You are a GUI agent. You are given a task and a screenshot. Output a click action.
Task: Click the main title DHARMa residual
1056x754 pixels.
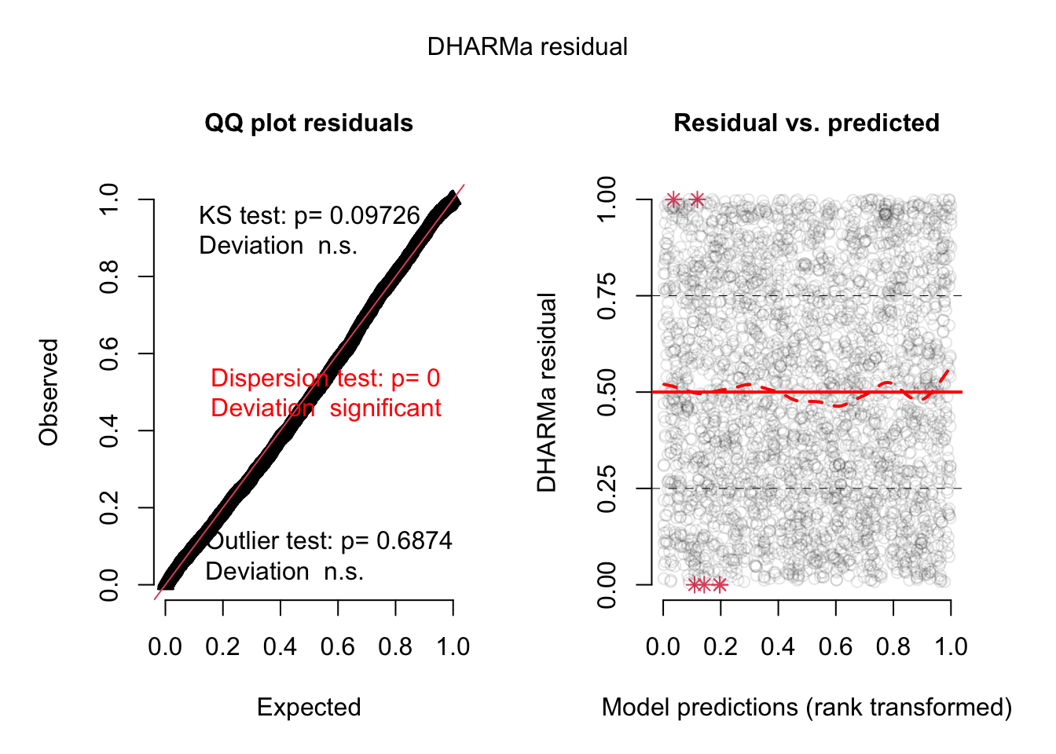(x=527, y=47)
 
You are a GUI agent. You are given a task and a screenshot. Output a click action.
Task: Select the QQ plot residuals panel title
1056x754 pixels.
(x=309, y=123)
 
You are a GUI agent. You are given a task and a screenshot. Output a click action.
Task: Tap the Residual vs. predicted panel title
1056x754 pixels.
(x=806, y=123)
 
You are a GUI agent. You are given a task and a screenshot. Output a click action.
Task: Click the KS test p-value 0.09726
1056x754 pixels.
(x=375, y=216)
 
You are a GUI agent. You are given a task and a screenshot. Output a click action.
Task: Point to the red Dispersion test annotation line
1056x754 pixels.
(x=325, y=379)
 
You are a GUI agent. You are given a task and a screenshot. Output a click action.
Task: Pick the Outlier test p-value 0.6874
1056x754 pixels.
(x=414, y=541)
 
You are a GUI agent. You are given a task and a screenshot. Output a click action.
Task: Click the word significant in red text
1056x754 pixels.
(x=385, y=408)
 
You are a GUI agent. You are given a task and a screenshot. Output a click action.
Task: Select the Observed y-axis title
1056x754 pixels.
(x=49, y=392)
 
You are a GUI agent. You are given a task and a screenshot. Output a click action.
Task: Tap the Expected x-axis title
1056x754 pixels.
(x=309, y=708)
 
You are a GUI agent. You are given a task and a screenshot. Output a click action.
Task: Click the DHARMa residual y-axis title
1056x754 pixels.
(x=547, y=392)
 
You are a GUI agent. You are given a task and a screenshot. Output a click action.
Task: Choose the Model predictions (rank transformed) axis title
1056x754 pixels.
(x=806, y=708)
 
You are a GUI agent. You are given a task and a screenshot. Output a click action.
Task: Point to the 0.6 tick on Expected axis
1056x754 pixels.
(x=338, y=647)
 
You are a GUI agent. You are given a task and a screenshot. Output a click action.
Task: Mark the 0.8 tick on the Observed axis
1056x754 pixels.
(x=109, y=276)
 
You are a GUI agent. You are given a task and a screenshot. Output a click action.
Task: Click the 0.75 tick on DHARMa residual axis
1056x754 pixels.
(x=607, y=296)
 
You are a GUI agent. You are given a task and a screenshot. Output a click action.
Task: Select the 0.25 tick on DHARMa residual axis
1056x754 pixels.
(x=607, y=489)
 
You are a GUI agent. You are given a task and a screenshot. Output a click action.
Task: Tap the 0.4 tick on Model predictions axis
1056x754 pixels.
(x=778, y=647)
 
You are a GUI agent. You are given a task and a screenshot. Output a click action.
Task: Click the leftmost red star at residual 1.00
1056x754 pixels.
(x=673, y=200)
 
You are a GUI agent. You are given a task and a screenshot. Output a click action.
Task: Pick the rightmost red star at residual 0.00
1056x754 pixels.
(x=720, y=584)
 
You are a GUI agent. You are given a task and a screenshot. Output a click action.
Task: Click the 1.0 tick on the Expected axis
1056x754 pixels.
(x=453, y=647)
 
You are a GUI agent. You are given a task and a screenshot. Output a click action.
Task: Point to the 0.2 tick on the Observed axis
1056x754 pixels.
(x=109, y=507)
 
